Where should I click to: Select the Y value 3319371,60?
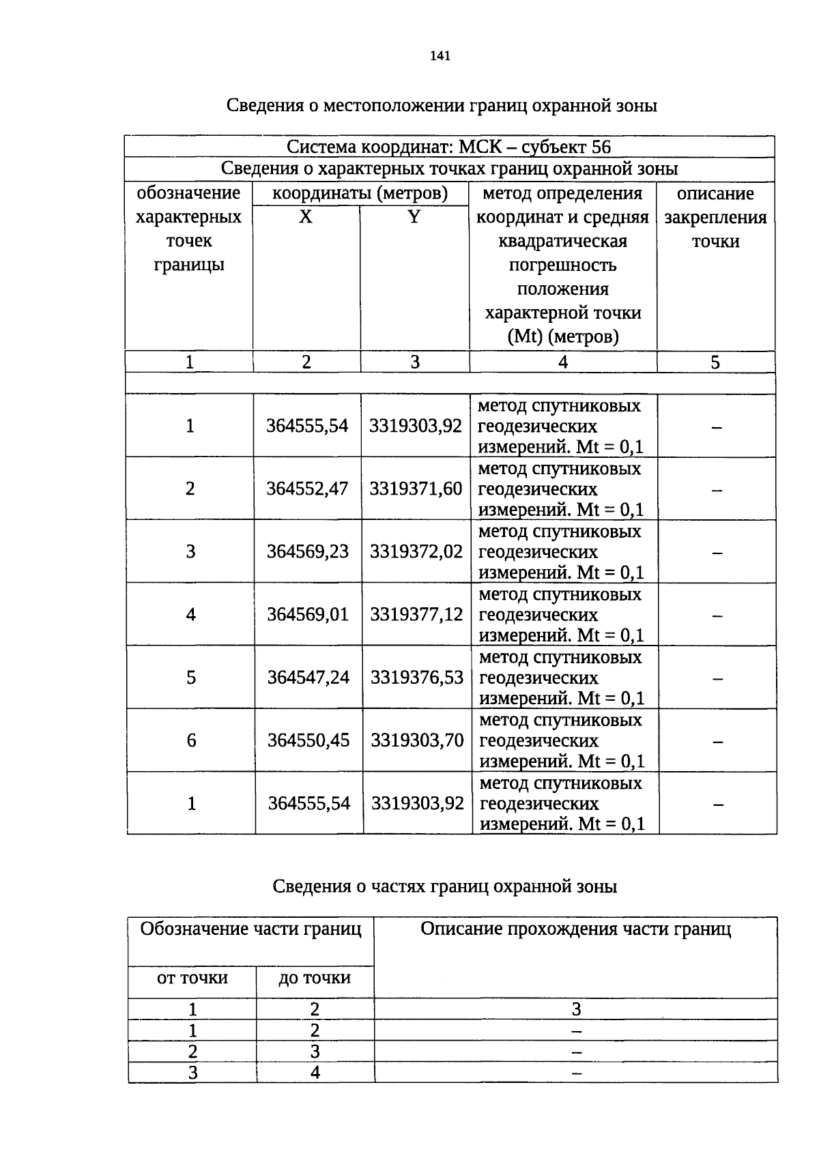(416, 489)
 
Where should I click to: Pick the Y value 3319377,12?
(416, 614)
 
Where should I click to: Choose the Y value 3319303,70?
(417, 740)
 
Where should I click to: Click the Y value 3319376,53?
(417, 677)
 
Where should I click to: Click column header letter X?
(306, 217)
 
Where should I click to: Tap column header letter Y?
(414, 217)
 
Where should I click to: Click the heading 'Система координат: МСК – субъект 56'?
(448, 147)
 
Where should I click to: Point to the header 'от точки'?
(192, 978)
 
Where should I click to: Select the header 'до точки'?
(315, 978)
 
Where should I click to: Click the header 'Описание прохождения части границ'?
(575, 929)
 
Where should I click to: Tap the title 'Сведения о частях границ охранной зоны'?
(444, 886)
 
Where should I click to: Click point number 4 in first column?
(190, 614)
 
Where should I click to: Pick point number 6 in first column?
(191, 740)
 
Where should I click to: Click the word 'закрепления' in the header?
(715, 218)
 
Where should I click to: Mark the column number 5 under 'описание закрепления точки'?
(715, 362)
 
